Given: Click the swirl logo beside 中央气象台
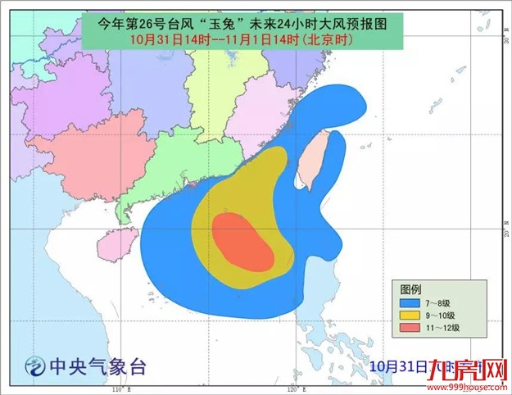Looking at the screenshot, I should coord(35,366).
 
